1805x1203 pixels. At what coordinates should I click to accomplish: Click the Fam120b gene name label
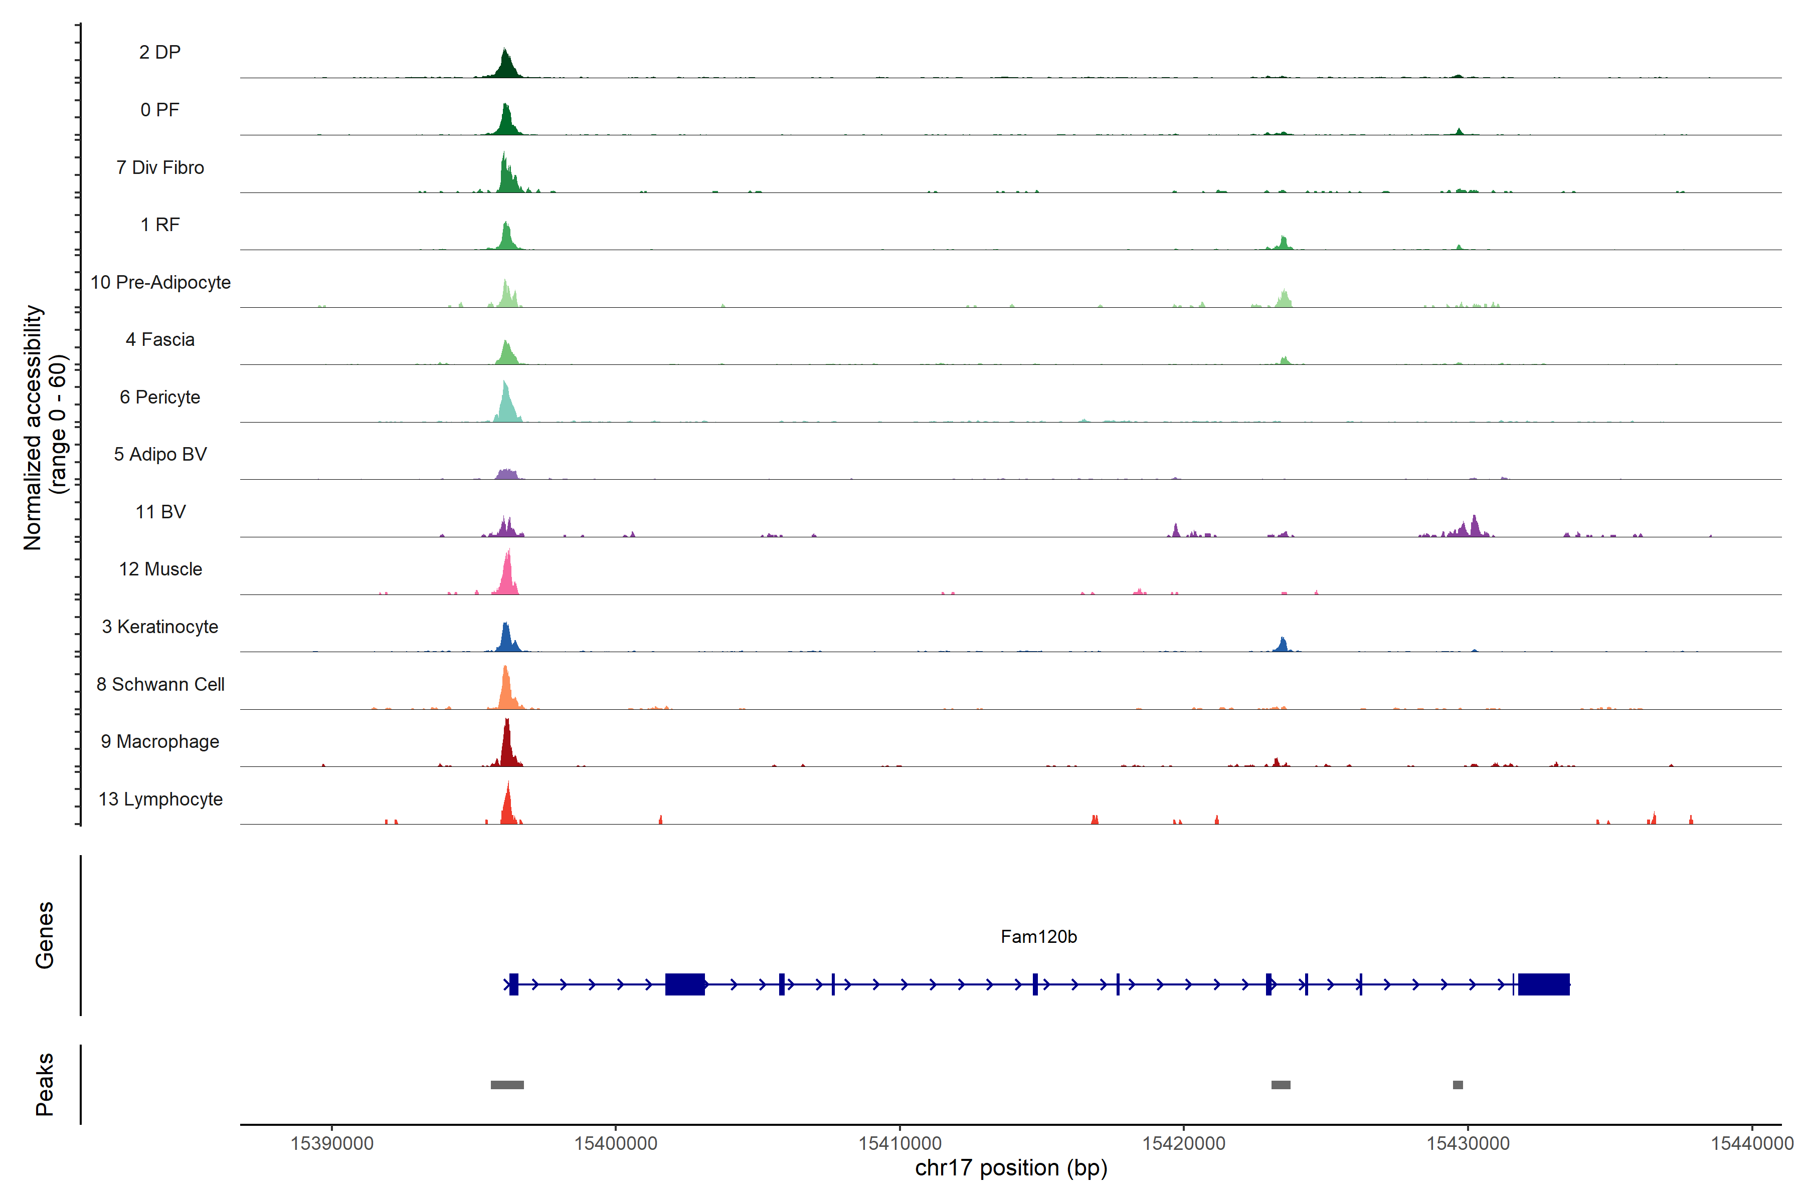(x=1038, y=937)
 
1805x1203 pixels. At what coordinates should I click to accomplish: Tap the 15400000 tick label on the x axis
(x=616, y=1143)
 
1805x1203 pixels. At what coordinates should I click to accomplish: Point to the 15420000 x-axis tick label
(x=1183, y=1143)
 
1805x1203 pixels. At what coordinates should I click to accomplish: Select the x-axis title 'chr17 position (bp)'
(x=1011, y=1168)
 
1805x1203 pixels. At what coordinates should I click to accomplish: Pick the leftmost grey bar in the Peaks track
(x=507, y=1085)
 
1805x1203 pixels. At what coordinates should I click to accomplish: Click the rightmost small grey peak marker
(x=1458, y=1085)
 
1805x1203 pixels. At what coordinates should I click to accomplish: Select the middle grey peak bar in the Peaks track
(x=1281, y=1085)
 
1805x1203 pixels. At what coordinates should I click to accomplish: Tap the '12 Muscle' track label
(x=160, y=569)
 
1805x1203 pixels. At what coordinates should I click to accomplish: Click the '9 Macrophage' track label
(x=160, y=742)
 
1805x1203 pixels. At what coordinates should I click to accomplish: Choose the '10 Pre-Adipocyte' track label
(x=160, y=282)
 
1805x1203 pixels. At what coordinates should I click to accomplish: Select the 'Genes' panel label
(x=45, y=935)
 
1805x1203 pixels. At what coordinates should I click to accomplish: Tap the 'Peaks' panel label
(x=45, y=1084)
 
